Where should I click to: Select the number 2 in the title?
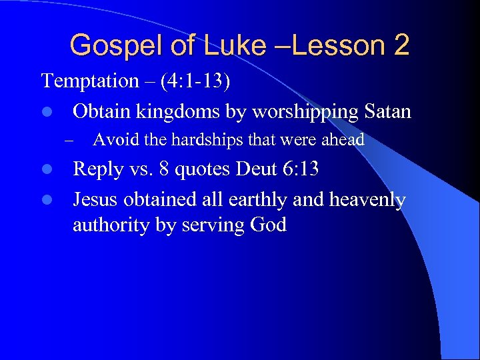tap(401, 45)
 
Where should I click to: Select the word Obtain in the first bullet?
tap(102, 111)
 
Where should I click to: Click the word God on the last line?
tap(268, 225)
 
